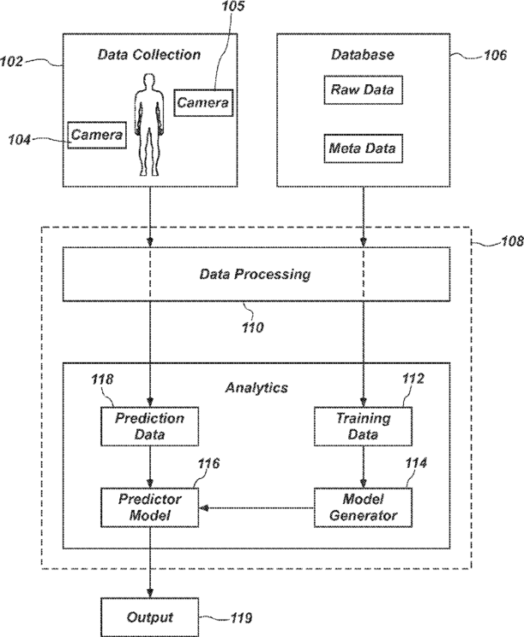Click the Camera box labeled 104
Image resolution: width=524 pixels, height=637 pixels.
tap(97, 135)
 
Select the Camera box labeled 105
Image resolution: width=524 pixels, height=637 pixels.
tap(203, 103)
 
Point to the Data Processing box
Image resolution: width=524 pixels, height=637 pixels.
tap(255, 275)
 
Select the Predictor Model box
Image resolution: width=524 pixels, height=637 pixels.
tap(150, 507)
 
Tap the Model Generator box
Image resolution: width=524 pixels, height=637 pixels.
tap(363, 507)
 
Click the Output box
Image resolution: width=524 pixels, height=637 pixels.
tap(150, 616)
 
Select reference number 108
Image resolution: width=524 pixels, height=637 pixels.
tap(509, 243)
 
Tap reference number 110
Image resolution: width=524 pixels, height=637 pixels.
tap(253, 325)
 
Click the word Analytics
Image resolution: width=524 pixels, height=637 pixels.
tap(255, 387)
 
